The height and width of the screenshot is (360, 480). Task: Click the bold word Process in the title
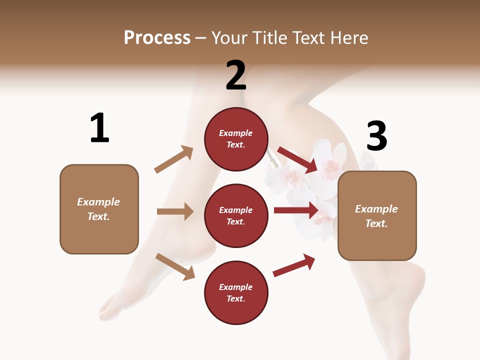click(157, 38)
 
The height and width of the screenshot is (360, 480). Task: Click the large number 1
click(99, 128)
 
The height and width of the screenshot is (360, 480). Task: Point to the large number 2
click(236, 76)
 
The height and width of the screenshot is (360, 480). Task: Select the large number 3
click(377, 136)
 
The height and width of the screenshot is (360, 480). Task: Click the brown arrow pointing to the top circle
click(174, 159)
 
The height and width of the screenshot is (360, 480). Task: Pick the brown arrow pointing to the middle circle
click(175, 211)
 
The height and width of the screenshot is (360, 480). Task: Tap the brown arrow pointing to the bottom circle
click(175, 266)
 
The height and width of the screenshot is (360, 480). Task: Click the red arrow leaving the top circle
click(297, 159)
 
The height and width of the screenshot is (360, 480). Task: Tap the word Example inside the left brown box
click(98, 202)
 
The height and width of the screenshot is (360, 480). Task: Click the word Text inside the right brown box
click(376, 223)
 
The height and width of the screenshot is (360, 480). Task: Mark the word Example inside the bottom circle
click(236, 287)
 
